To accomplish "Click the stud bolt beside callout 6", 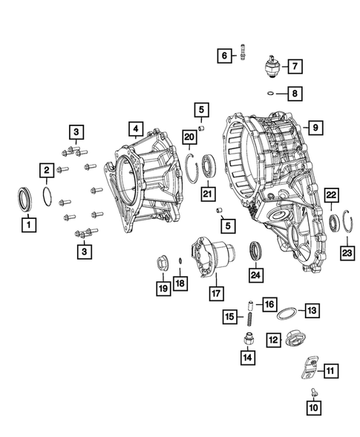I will coord(244,54).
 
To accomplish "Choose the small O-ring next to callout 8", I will coord(273,93).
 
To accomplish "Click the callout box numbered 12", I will coord(273,340).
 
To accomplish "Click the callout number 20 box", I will coord(189,137).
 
